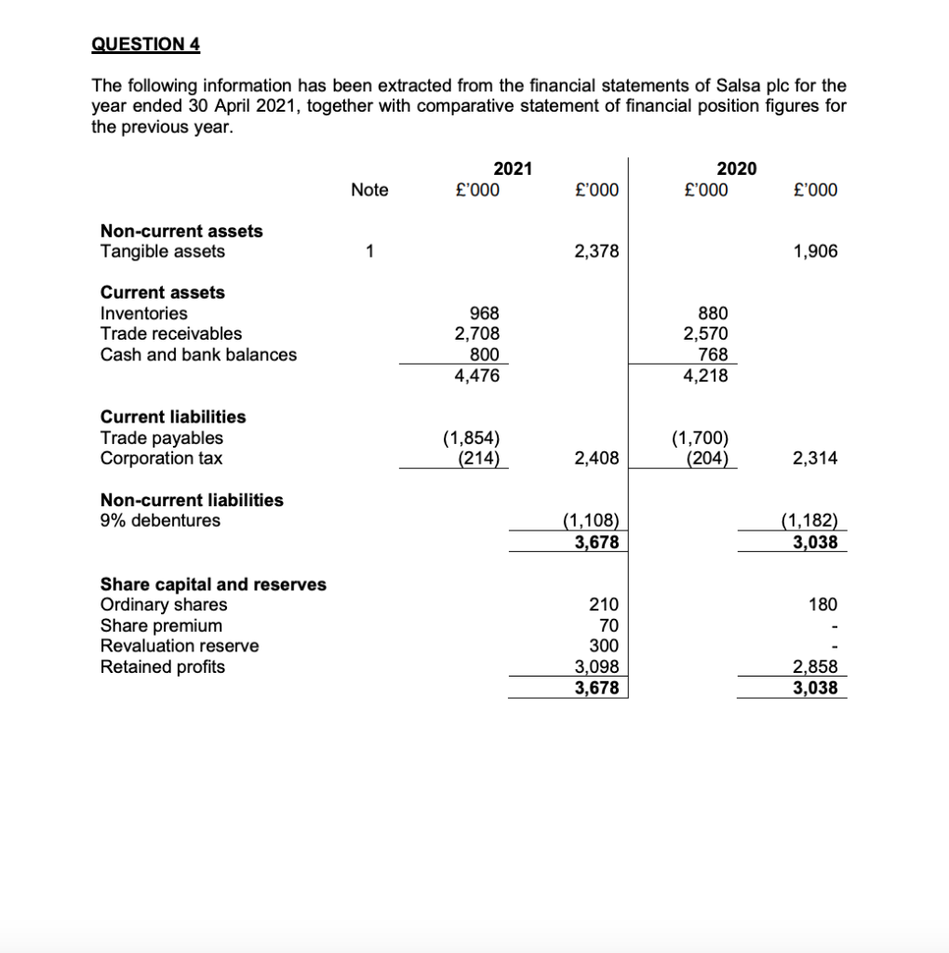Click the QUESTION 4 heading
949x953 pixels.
click(145, 45)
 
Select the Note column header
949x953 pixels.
click(369, 190)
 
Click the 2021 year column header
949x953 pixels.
click(513, 168)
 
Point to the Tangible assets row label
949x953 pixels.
click(162, 251)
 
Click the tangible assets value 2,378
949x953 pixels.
click(595, 251)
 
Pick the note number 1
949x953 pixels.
click(369, 251)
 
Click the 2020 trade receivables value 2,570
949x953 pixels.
click(706, 334)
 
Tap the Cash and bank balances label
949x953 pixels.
click(198, 355)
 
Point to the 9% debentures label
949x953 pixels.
click(160, 520)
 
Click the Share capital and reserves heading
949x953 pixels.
click(213, 584)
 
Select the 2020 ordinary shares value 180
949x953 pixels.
click(822, 605)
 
